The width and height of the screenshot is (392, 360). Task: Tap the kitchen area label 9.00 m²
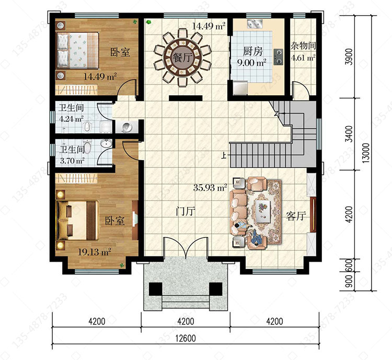(x=251, y=63)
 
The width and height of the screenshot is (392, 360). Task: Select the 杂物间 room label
(x=303, y=46)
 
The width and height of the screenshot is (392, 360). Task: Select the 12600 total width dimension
(x=185, y=339)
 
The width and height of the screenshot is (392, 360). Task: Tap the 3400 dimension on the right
(x=349, y=134)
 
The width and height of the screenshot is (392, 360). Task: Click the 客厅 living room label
(x=296, y=216)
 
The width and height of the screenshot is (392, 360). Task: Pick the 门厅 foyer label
(x=186, y=212)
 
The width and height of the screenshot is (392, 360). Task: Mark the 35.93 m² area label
(x=210, y=187)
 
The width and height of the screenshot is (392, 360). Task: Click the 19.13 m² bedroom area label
(x=95, y=252)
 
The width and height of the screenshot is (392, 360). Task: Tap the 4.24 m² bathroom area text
(x=71, y=118)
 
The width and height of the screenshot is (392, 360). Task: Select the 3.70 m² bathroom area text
(x=72, y=160)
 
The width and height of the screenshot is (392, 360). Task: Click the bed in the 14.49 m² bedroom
(x=77, y=50)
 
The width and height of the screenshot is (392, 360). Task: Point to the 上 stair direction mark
(x=224, y=156)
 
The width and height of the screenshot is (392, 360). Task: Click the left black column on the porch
(x=156, y=289)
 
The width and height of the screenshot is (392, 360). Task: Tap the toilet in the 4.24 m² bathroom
(x=87, y=127)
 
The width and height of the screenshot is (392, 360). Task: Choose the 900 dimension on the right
(x=349, y=281)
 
